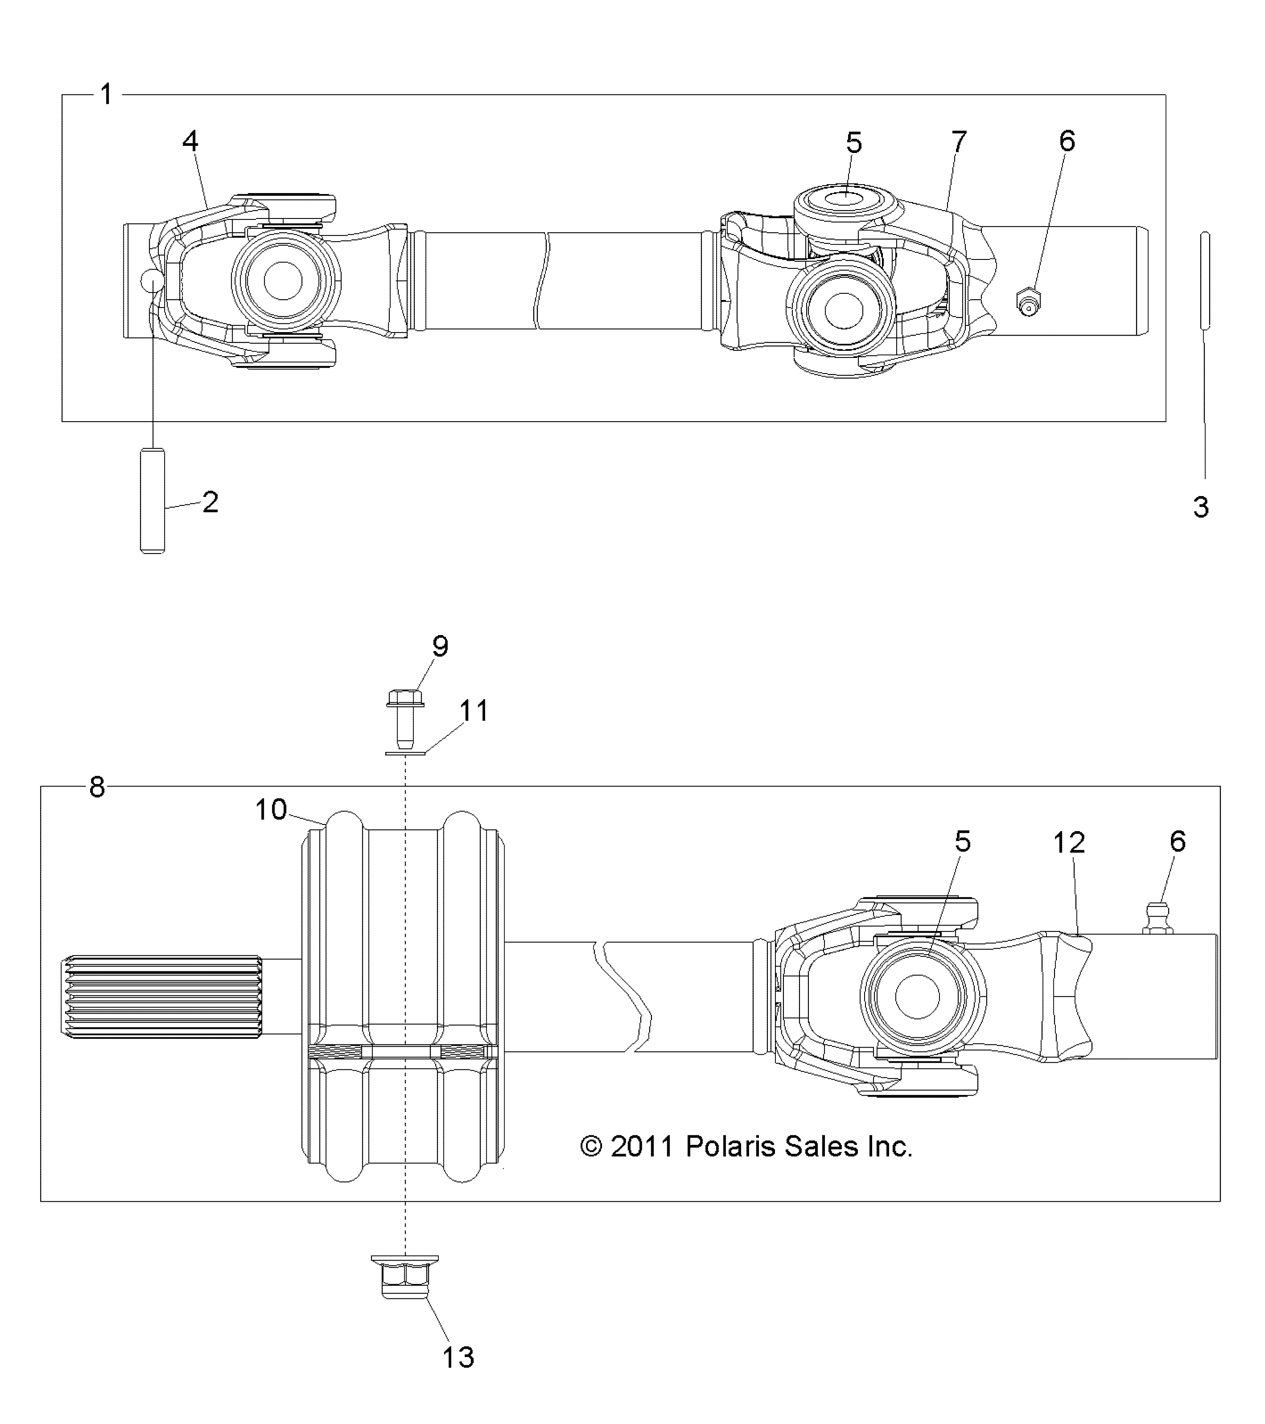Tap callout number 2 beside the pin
tap(210, 502)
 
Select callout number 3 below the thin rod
tap(1200, 507)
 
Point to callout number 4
tap(190, 141)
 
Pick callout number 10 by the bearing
tap(271, 809)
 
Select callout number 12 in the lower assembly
tap(1069, 843)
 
